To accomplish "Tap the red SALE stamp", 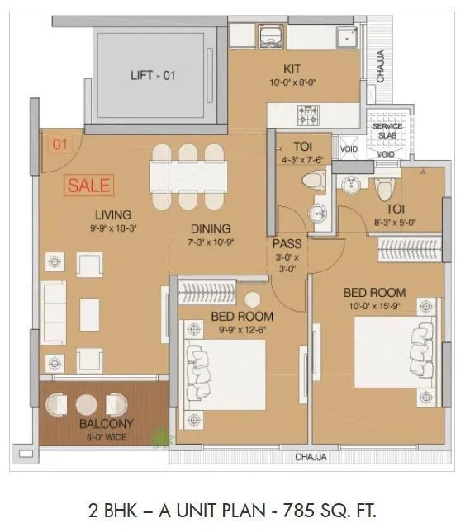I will coord(88,186).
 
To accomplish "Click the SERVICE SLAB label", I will coord(387,131).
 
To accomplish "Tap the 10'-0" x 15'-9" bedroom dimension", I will coord(374,306).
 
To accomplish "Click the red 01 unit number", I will coord(59,146).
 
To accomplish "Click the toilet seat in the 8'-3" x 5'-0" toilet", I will coord(382,189).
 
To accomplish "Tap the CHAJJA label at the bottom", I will coord(311,457).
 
